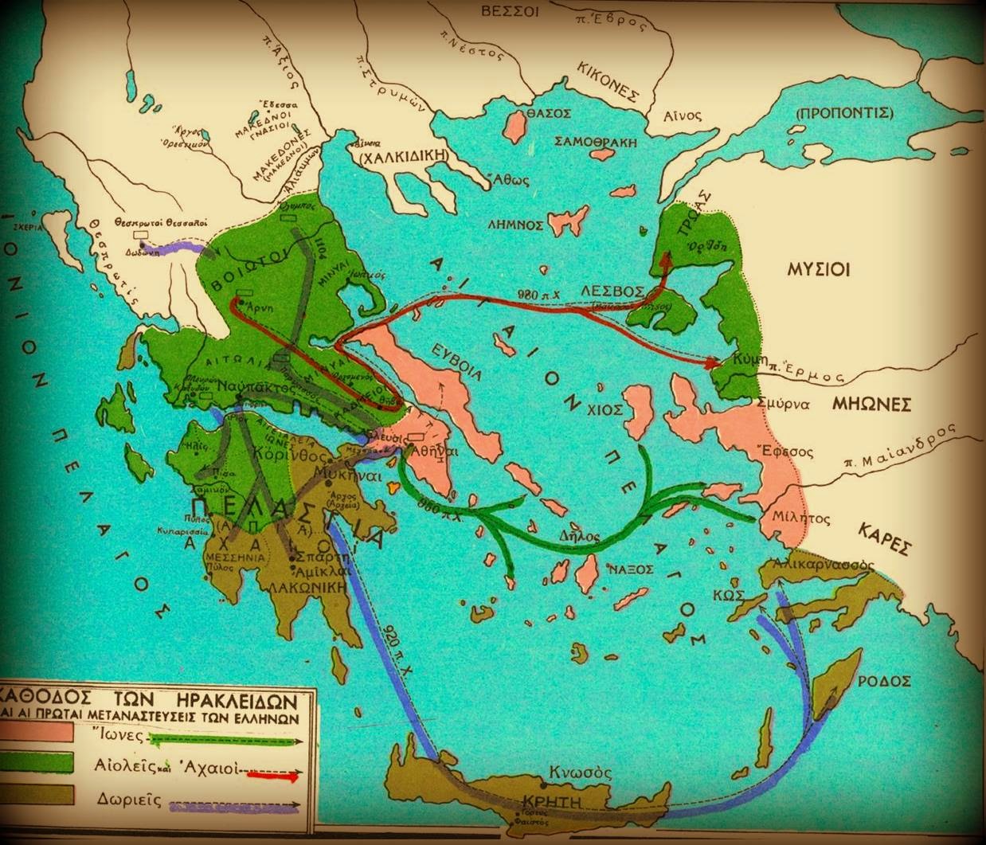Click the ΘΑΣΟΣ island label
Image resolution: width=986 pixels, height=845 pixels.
click(x=547, y=114)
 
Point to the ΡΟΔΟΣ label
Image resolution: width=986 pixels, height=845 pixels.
click(x=884, y=683)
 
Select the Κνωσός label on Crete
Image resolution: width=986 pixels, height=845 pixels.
click(x=581, y=773)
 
